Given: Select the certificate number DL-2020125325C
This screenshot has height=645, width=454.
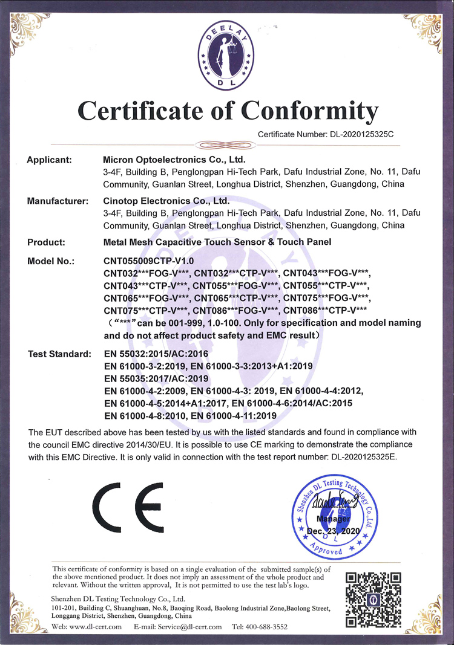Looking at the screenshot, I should [x=361, y=134].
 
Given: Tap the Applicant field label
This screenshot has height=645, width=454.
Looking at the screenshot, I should [x=50, y=160].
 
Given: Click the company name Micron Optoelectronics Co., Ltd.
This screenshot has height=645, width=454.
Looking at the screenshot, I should [x=174, y=160].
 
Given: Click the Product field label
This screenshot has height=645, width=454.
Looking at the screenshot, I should [x=46, y=242].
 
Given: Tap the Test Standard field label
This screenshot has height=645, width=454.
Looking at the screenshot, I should [x=60, y=353].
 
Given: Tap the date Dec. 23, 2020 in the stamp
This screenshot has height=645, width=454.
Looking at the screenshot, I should [x=334, y=530].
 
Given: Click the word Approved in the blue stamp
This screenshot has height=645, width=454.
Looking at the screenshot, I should [x=327, y=549].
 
